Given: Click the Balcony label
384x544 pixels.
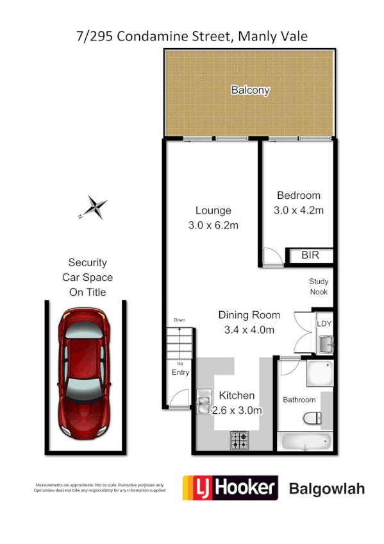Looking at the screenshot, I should pyautogui.click(x=250, y=90).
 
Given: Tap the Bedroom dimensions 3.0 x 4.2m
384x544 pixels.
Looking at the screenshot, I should pyautogui.click(x=299, y=210).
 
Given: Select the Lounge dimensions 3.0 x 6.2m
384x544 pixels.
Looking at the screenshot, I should pyautogui.click(x=213, y=225).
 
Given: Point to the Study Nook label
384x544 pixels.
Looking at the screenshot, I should pyautogui.click(x=318, y=286).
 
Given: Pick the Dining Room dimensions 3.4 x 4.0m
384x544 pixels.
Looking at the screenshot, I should pyautogui.click(x=249, y=330).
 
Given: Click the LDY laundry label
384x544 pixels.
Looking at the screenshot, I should pyautogui.click(x=324, y=323).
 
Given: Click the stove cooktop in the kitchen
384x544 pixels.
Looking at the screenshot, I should pyautogui.click(x=240, y=441).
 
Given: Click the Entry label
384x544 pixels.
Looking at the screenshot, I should pyautogui.click(x=180, y=373).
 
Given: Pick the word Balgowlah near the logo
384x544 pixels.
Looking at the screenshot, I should pyautogui.click(x=327, y=489).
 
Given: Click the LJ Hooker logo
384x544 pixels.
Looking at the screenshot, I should pyautogui.click(x=230, y=488).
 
